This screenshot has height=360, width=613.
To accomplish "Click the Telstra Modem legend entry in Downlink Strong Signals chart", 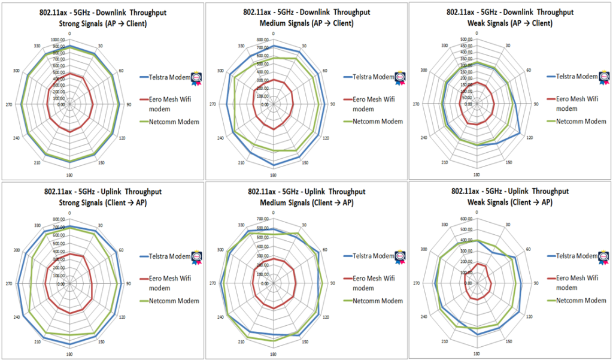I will click(x=165, y=77).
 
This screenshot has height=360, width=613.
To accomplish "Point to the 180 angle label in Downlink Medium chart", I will click(x=273, y=176).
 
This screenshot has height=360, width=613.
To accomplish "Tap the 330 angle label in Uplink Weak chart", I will click(x=445, y=225).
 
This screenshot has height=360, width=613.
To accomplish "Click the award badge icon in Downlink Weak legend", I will click(x=605, y=78).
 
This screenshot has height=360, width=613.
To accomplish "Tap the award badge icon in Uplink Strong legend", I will click(x=197, y=258).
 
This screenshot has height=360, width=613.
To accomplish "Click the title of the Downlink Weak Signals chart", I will click(x=511, y=17).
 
